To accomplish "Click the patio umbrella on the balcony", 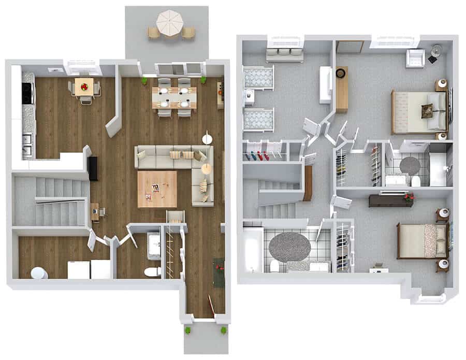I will [170, 23].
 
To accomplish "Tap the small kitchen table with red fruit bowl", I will [83, 87].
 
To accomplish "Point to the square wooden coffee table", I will [157, 189].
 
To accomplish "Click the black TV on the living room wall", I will [93, 168].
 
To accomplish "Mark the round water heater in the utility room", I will [39, 273].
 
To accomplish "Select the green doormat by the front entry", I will [219, 272].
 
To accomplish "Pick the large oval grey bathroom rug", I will [290, 246].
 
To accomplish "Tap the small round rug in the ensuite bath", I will [410, 165].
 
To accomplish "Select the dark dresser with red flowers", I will [391, 200].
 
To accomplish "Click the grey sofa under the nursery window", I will [284, 54].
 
